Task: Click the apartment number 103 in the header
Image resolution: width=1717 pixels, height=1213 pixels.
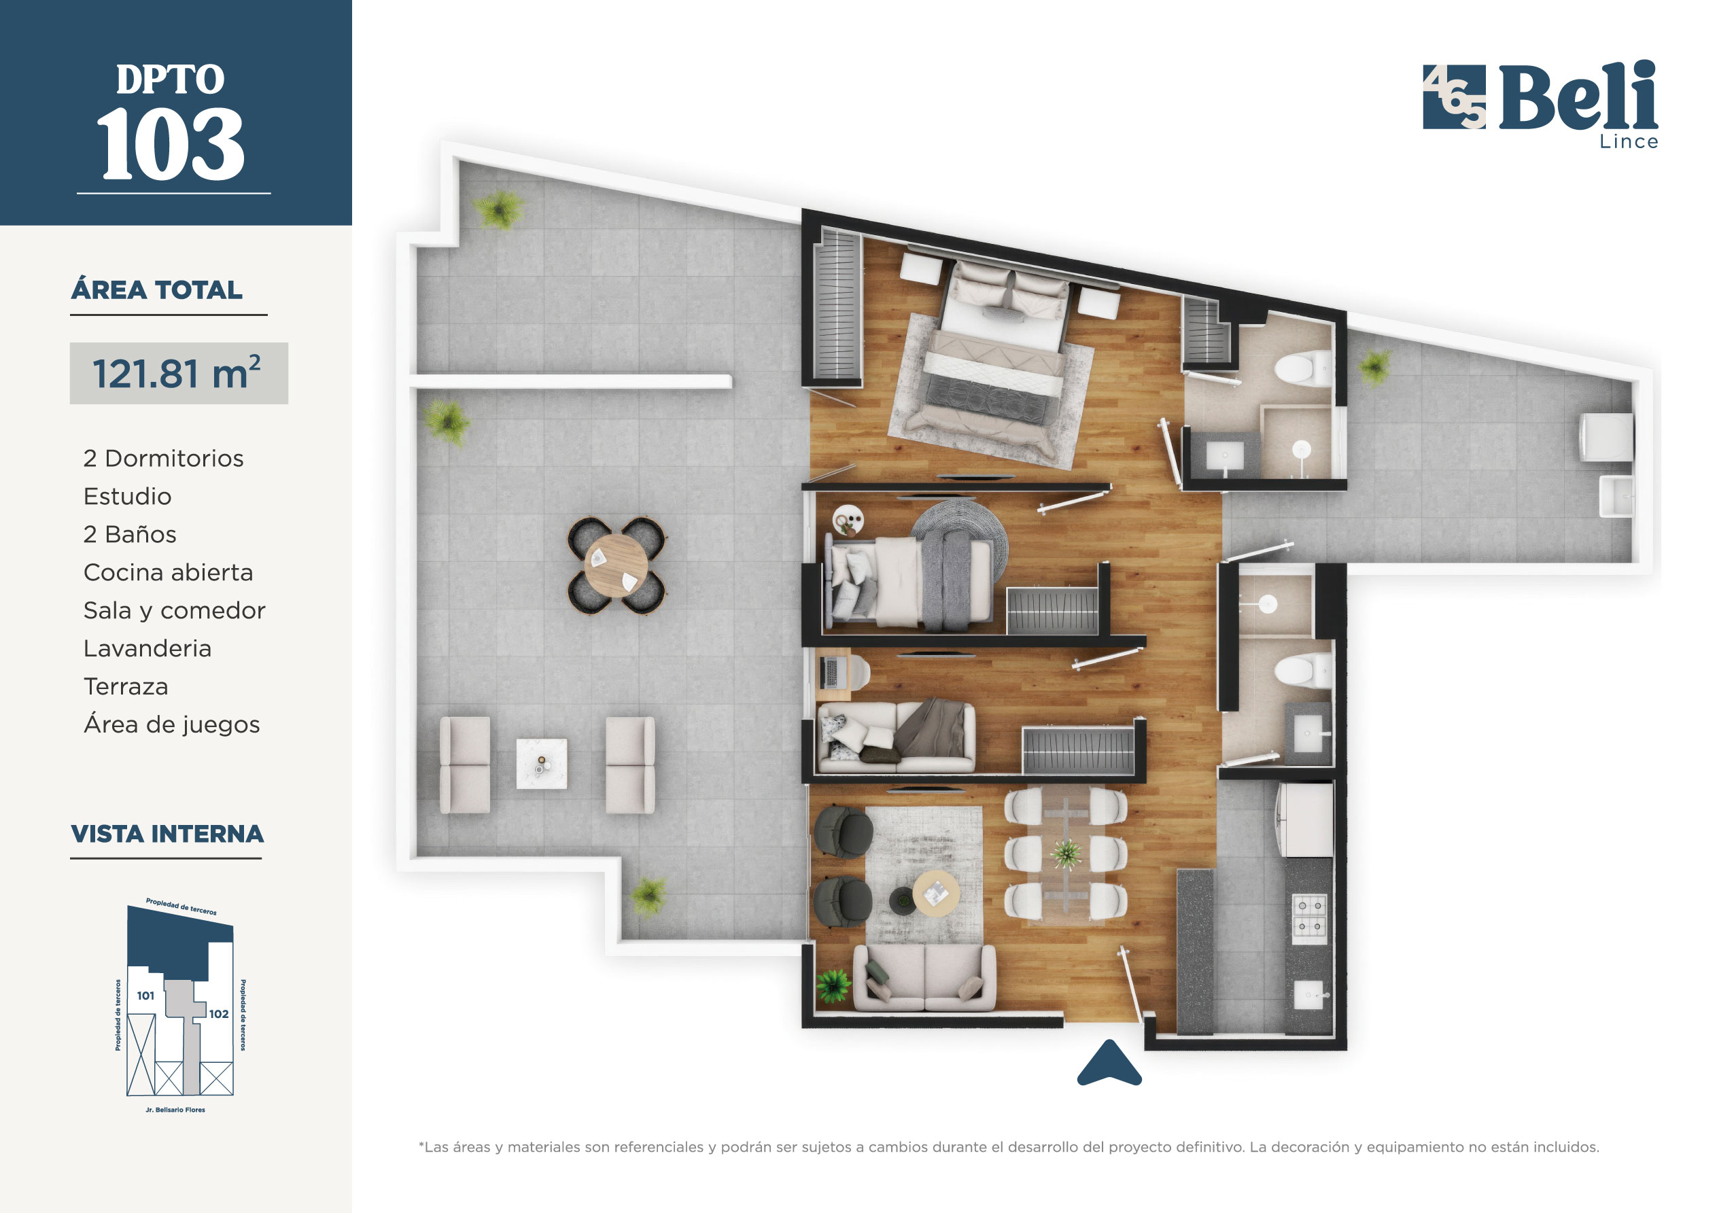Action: pos(171,143)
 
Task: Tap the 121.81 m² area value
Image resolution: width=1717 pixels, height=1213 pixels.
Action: pos(177,373)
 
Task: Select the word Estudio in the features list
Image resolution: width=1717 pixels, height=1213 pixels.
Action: pos(127,496)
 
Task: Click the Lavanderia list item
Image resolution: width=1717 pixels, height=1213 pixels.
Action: pos(148,648)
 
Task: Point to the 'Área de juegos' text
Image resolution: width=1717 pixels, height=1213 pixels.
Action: pos(172,724)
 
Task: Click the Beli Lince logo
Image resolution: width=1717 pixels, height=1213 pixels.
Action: pos(1540,105)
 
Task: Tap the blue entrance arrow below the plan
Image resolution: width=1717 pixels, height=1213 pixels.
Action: pos(1109,1062)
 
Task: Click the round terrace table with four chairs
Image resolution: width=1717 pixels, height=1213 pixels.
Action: pos(617,565)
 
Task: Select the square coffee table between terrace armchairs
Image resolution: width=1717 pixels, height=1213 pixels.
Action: pos(542,764)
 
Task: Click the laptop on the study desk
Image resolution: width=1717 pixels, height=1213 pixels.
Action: pos(829,671)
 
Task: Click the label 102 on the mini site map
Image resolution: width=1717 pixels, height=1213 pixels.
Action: pos(219,1014)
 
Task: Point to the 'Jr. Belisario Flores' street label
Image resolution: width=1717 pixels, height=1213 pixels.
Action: pos(175,1110)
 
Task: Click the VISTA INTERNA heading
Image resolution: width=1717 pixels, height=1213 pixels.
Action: pos(167,834)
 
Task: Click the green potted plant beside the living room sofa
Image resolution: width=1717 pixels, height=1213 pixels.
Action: pos(833,985)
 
